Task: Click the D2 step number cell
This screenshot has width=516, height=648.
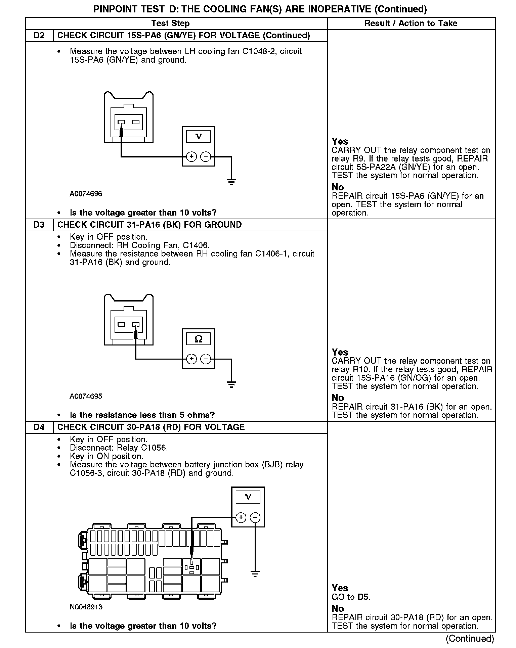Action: click(x=39, y=36)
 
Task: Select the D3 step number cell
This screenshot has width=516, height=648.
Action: click(x=39, y=225)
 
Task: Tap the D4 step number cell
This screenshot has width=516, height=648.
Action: click(x=39, y=427)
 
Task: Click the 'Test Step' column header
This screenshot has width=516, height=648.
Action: click(x=170, y=24)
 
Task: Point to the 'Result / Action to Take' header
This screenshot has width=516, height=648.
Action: click(x=411, y=24)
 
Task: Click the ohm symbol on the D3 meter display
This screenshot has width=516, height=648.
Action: click(x=199, y=339)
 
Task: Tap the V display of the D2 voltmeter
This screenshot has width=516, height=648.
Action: click(x=199, y=136)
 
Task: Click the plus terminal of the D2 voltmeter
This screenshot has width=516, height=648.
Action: click(x=191, y=156)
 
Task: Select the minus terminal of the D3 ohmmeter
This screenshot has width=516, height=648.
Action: click(x=206, y=359)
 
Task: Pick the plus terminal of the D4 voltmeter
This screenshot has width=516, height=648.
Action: click(x=241, y=517)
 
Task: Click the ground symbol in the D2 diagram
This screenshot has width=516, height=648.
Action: click(x=231, y=182)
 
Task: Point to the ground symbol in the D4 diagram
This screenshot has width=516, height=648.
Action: click(x=255, y=574)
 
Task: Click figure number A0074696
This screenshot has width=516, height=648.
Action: click(x=86, y=194)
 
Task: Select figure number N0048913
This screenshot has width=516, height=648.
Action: click(x=86, y=607)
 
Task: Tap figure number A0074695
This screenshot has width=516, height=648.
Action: click(x=86, y=397)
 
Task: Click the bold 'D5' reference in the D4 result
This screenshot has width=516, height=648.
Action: click(x=363, y=597)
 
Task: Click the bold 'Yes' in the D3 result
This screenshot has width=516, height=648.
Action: click(x=340, y=352)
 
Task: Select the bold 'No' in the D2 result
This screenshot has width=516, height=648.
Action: click(x=338, y=187)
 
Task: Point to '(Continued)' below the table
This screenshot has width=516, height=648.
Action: click(x=470, y=639)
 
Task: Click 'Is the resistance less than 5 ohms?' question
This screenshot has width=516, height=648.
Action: click(x=142, y=415)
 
